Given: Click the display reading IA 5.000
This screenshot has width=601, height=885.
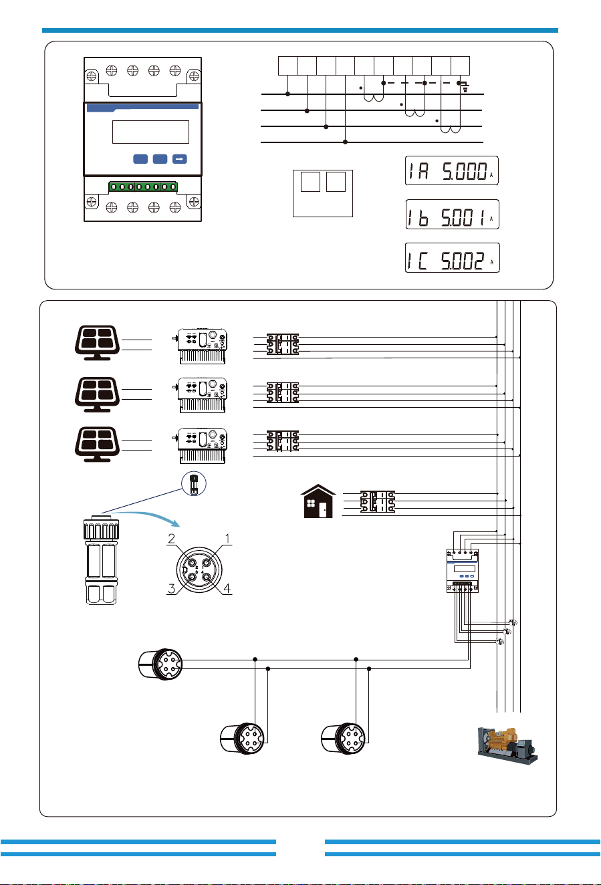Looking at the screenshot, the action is (452, 170).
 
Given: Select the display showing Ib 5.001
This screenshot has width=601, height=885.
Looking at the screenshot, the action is (453, 214).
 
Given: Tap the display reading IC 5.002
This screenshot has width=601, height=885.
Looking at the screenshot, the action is (453, 257).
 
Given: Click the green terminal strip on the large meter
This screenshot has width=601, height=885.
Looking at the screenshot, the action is (143, 187).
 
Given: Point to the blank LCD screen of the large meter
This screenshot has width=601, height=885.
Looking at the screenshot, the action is (150, 132).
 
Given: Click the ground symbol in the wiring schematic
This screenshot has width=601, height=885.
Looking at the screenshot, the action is (465, 88).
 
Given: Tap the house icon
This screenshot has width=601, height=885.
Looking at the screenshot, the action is (318, 501).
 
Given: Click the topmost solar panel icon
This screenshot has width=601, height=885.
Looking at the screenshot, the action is (97, 342).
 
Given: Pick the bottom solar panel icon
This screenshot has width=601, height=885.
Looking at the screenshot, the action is (97, 444).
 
